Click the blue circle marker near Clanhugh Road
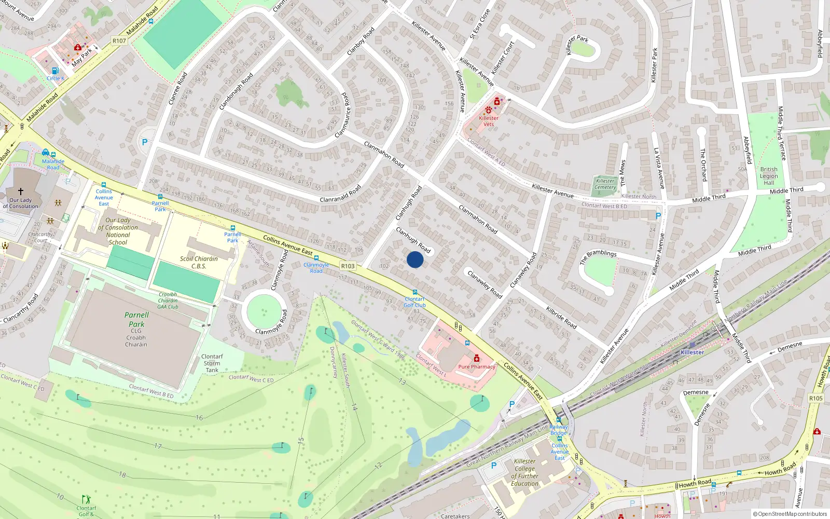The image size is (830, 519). tap(415, 259)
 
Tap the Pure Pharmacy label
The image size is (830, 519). tap(477, 366)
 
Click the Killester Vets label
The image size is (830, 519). tap(489, 121)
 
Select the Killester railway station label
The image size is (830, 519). tap(692, 352)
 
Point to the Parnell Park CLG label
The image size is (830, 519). tap(136, 325)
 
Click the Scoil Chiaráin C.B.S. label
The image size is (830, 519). tap(199, 262)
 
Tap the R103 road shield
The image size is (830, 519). tap(348, 266)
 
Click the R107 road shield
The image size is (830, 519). tap(119, 40)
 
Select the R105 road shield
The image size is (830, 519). tap(815, 398)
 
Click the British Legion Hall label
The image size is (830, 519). tap(769, 176)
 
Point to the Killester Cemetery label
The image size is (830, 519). tap(605, 184)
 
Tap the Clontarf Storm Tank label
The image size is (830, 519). tap(212, 363)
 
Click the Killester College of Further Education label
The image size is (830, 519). tap(524, 472)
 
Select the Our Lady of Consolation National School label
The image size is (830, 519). tap(118, 231)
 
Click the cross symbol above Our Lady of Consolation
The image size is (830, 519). tap(21, 192)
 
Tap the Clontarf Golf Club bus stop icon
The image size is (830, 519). tap(414, 292)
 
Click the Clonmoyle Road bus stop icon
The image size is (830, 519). tap(316, 258)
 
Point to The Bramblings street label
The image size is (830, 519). tap(598, 256)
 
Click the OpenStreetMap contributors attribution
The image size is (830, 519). tap(790, 514)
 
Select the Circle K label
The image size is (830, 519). tap(56, 78)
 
